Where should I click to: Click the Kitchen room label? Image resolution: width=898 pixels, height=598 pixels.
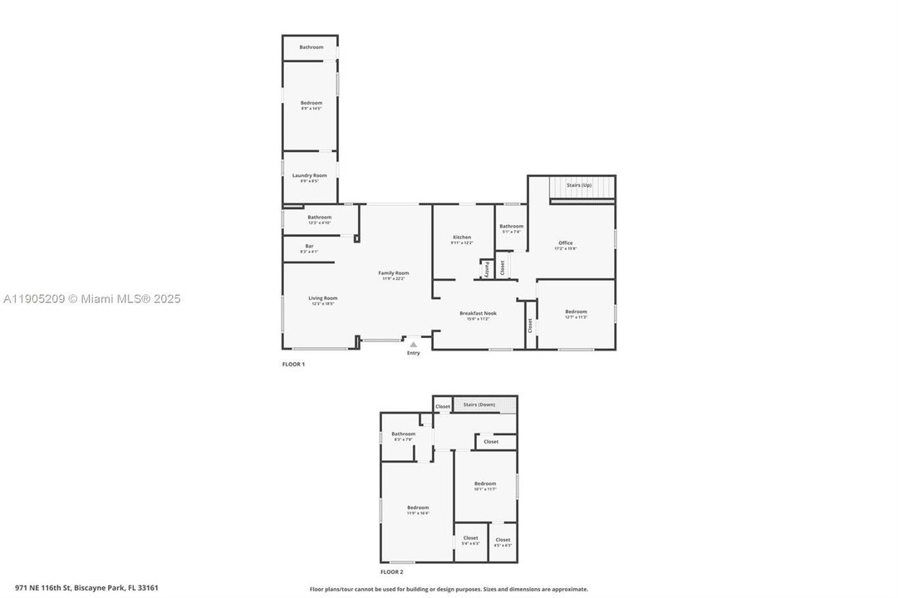[462, 238]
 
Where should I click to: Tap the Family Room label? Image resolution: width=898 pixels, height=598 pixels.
[394, 273]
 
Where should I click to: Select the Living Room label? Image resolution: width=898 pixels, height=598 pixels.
[323, 298]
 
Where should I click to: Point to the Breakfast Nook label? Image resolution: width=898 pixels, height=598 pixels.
[478, 313]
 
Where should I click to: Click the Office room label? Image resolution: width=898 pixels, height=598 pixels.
[566, 243]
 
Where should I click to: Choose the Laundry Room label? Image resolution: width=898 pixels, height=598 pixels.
[309, 175]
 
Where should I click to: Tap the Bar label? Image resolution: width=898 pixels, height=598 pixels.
[309, 246]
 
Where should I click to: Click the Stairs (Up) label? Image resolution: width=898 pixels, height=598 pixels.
[579, 184]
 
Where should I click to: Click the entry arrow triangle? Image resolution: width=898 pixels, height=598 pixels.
[414, 344]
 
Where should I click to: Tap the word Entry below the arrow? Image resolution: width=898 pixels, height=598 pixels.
[414, 353]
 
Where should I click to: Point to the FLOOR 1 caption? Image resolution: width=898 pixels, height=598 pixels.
[294, 364]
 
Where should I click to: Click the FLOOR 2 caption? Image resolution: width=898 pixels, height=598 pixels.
[392, 571]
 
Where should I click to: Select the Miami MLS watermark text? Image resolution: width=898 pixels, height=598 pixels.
[92, 299]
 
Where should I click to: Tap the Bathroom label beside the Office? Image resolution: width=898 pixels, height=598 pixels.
[511, 226]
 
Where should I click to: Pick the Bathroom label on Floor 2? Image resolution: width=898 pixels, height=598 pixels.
[404, 434]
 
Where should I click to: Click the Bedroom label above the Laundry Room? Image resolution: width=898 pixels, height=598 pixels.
[311, 103]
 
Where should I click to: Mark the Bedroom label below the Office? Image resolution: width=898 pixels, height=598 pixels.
[576, 311]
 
